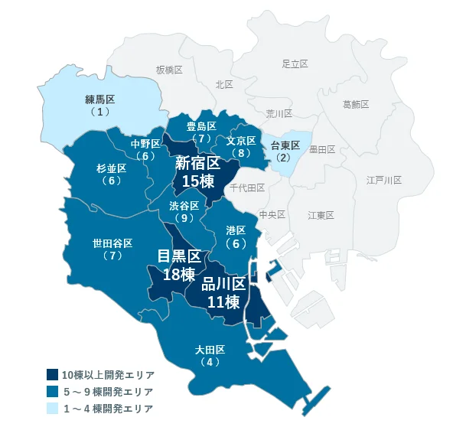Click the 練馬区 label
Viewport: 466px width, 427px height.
point(99,99)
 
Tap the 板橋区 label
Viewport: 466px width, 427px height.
point(169,70)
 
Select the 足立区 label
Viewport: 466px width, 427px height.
point(295,64)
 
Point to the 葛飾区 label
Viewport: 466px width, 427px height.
point(356,103)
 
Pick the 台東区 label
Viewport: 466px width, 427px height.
point(285,145)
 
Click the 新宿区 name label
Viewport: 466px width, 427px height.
point(197,162)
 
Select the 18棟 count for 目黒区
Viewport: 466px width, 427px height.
point(178,274)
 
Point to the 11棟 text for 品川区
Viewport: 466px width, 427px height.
point(223,302)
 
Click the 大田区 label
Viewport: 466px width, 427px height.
point(209,350)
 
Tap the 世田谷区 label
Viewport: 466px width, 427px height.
point(112,243)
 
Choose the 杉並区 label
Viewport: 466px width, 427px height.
point(111,168)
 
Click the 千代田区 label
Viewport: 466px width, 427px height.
point(246,187)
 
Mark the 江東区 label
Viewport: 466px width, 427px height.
point(321,215)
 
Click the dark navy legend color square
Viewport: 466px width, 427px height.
point(52,375)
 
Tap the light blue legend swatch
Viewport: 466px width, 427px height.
point(52,409)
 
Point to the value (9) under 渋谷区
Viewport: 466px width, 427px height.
point(184,218)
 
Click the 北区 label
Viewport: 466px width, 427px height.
point(223,85)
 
